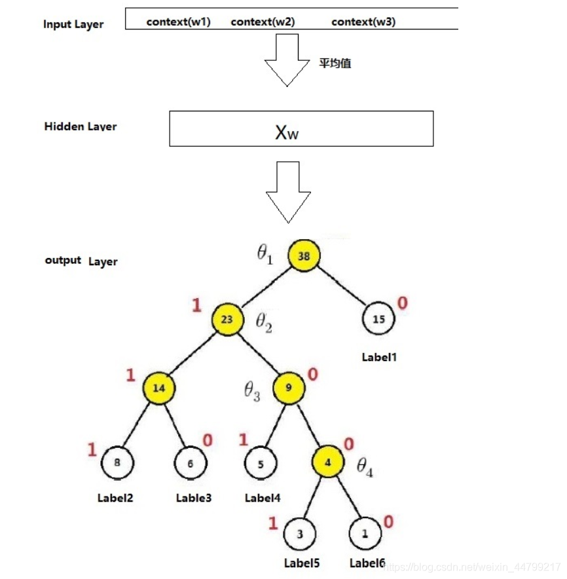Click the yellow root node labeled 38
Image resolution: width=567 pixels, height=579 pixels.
pos(304,256)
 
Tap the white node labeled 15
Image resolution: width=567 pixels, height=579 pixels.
pos(378,320)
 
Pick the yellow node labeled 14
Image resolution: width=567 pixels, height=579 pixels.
pos(159,388)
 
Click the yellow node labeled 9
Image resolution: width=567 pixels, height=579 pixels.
pos(289,387)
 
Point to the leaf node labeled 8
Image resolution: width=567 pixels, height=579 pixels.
pos(117,463)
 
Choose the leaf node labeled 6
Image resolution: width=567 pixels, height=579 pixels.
pos(191,463)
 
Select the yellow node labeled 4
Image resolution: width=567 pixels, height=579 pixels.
pos(329,462)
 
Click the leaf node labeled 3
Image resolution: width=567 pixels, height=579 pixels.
pos(300,534)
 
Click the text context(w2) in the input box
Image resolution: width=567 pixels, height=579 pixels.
pos(263,22)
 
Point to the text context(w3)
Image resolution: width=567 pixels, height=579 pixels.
pos(363,22)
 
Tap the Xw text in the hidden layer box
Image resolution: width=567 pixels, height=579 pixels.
pos(287,134)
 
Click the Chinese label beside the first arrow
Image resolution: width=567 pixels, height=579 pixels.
pos(336,64)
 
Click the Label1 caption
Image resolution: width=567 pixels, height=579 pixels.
pos(380,358)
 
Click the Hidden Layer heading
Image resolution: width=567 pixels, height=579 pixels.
pos(81,126)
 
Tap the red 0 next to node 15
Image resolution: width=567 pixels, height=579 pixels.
pos(403,303)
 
